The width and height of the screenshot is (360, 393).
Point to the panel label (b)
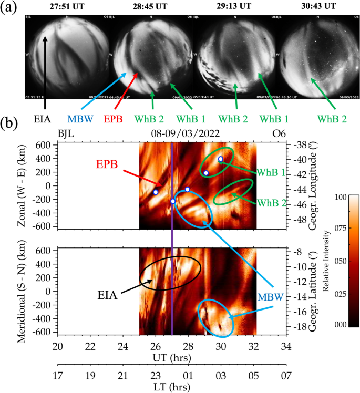coord(11,125)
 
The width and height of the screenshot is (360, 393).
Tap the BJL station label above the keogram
coord(67,134)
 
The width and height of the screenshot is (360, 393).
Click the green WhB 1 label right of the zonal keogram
coord(271,173)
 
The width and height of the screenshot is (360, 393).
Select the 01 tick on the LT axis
coord(188,377)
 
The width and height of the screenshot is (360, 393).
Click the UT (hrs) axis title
coord(171,358)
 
